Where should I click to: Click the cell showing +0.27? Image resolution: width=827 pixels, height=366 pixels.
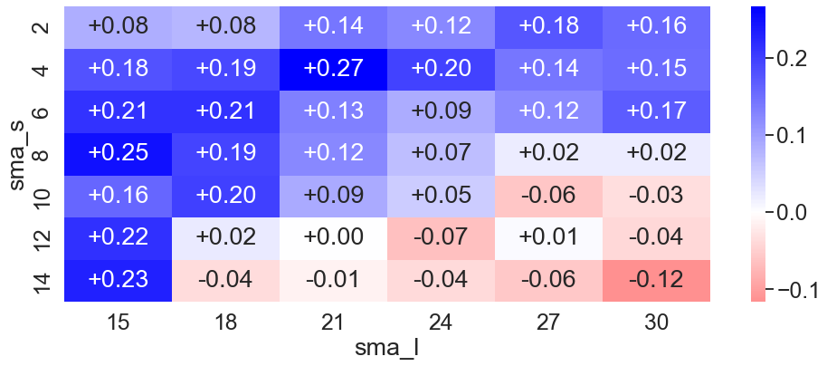(333, 69)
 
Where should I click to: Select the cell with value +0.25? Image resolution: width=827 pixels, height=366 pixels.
(119, 154)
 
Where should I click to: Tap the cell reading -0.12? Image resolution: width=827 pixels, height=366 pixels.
(656, 281)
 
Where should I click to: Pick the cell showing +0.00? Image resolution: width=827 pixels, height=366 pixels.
(333, 238)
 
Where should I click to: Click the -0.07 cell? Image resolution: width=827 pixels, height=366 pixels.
(441, 238)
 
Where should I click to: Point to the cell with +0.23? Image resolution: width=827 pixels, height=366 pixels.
(119, 281)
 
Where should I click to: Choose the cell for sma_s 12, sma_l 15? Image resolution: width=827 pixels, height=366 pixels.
(119, 238)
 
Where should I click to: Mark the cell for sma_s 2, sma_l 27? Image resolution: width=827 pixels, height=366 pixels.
(548, 27)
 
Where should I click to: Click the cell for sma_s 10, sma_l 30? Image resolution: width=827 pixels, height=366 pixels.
(656, 196)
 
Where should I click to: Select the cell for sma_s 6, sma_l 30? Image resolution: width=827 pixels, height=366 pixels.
(656, 111)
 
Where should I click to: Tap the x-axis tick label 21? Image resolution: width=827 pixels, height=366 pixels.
(333, 323)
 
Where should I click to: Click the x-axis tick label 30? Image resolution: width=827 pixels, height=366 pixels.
(656, 323)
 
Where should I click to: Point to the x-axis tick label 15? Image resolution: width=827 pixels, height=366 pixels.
(119, 323)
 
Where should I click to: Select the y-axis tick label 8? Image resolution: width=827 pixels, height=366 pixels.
(44, 154)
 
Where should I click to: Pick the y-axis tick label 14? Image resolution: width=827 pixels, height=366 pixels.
(44, 281)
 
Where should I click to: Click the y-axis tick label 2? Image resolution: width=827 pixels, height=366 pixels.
(44, 27)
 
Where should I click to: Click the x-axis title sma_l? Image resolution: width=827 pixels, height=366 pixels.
(387, 349)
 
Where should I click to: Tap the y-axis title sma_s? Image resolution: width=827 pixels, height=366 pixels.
(18, 154)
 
